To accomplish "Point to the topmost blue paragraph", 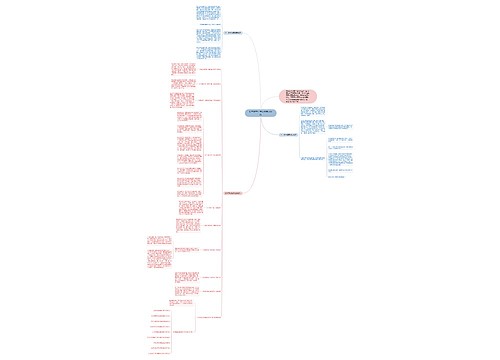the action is [x=209, y=13].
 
